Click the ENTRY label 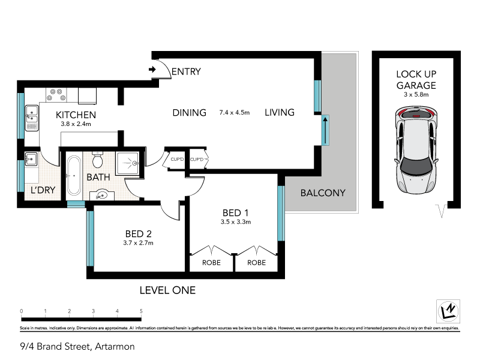186,72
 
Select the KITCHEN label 76,115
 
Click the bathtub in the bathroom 74,175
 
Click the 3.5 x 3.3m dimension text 236,222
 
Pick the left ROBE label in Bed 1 211,263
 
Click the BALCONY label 323,193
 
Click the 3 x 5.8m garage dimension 416,94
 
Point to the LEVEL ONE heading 167,290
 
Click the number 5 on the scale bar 141,311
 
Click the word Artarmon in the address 114,346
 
